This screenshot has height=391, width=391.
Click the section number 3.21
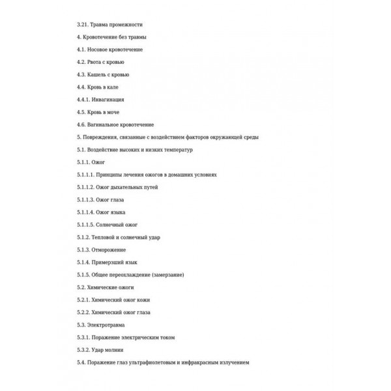point(83,25)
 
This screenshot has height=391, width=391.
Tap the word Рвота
point(95,62)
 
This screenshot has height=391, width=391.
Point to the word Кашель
point(98,74)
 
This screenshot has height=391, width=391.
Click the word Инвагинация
point(108,100)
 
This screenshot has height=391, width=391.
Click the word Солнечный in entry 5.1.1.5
point(111,225)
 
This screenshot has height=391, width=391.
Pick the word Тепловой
point(105,237)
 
